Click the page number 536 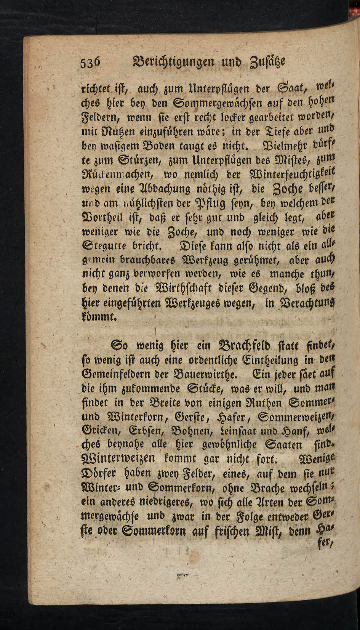pos(90,63)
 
